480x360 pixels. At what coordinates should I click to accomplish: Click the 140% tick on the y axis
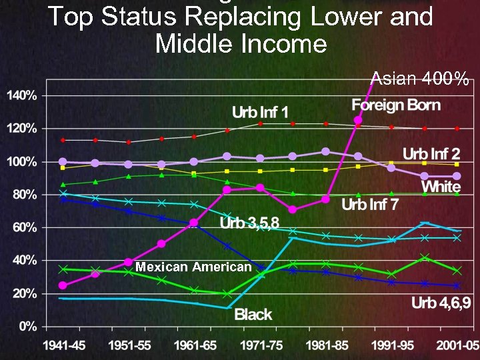22,95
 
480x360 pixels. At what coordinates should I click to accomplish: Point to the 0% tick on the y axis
27,327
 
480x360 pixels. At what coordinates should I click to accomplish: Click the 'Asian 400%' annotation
420,79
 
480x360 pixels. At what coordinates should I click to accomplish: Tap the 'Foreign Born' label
396,105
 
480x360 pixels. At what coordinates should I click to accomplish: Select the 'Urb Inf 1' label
260,111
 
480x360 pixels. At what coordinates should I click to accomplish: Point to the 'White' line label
441,187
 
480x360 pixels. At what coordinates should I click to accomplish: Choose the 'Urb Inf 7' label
370,204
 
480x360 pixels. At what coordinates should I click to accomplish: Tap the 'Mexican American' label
193,267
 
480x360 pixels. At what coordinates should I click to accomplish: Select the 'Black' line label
253,314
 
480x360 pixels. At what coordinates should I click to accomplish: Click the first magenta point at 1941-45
63,285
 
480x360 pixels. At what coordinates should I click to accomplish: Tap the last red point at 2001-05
457,129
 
